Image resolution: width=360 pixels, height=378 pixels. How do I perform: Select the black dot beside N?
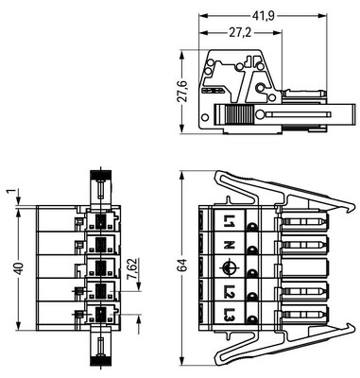[252, 249]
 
